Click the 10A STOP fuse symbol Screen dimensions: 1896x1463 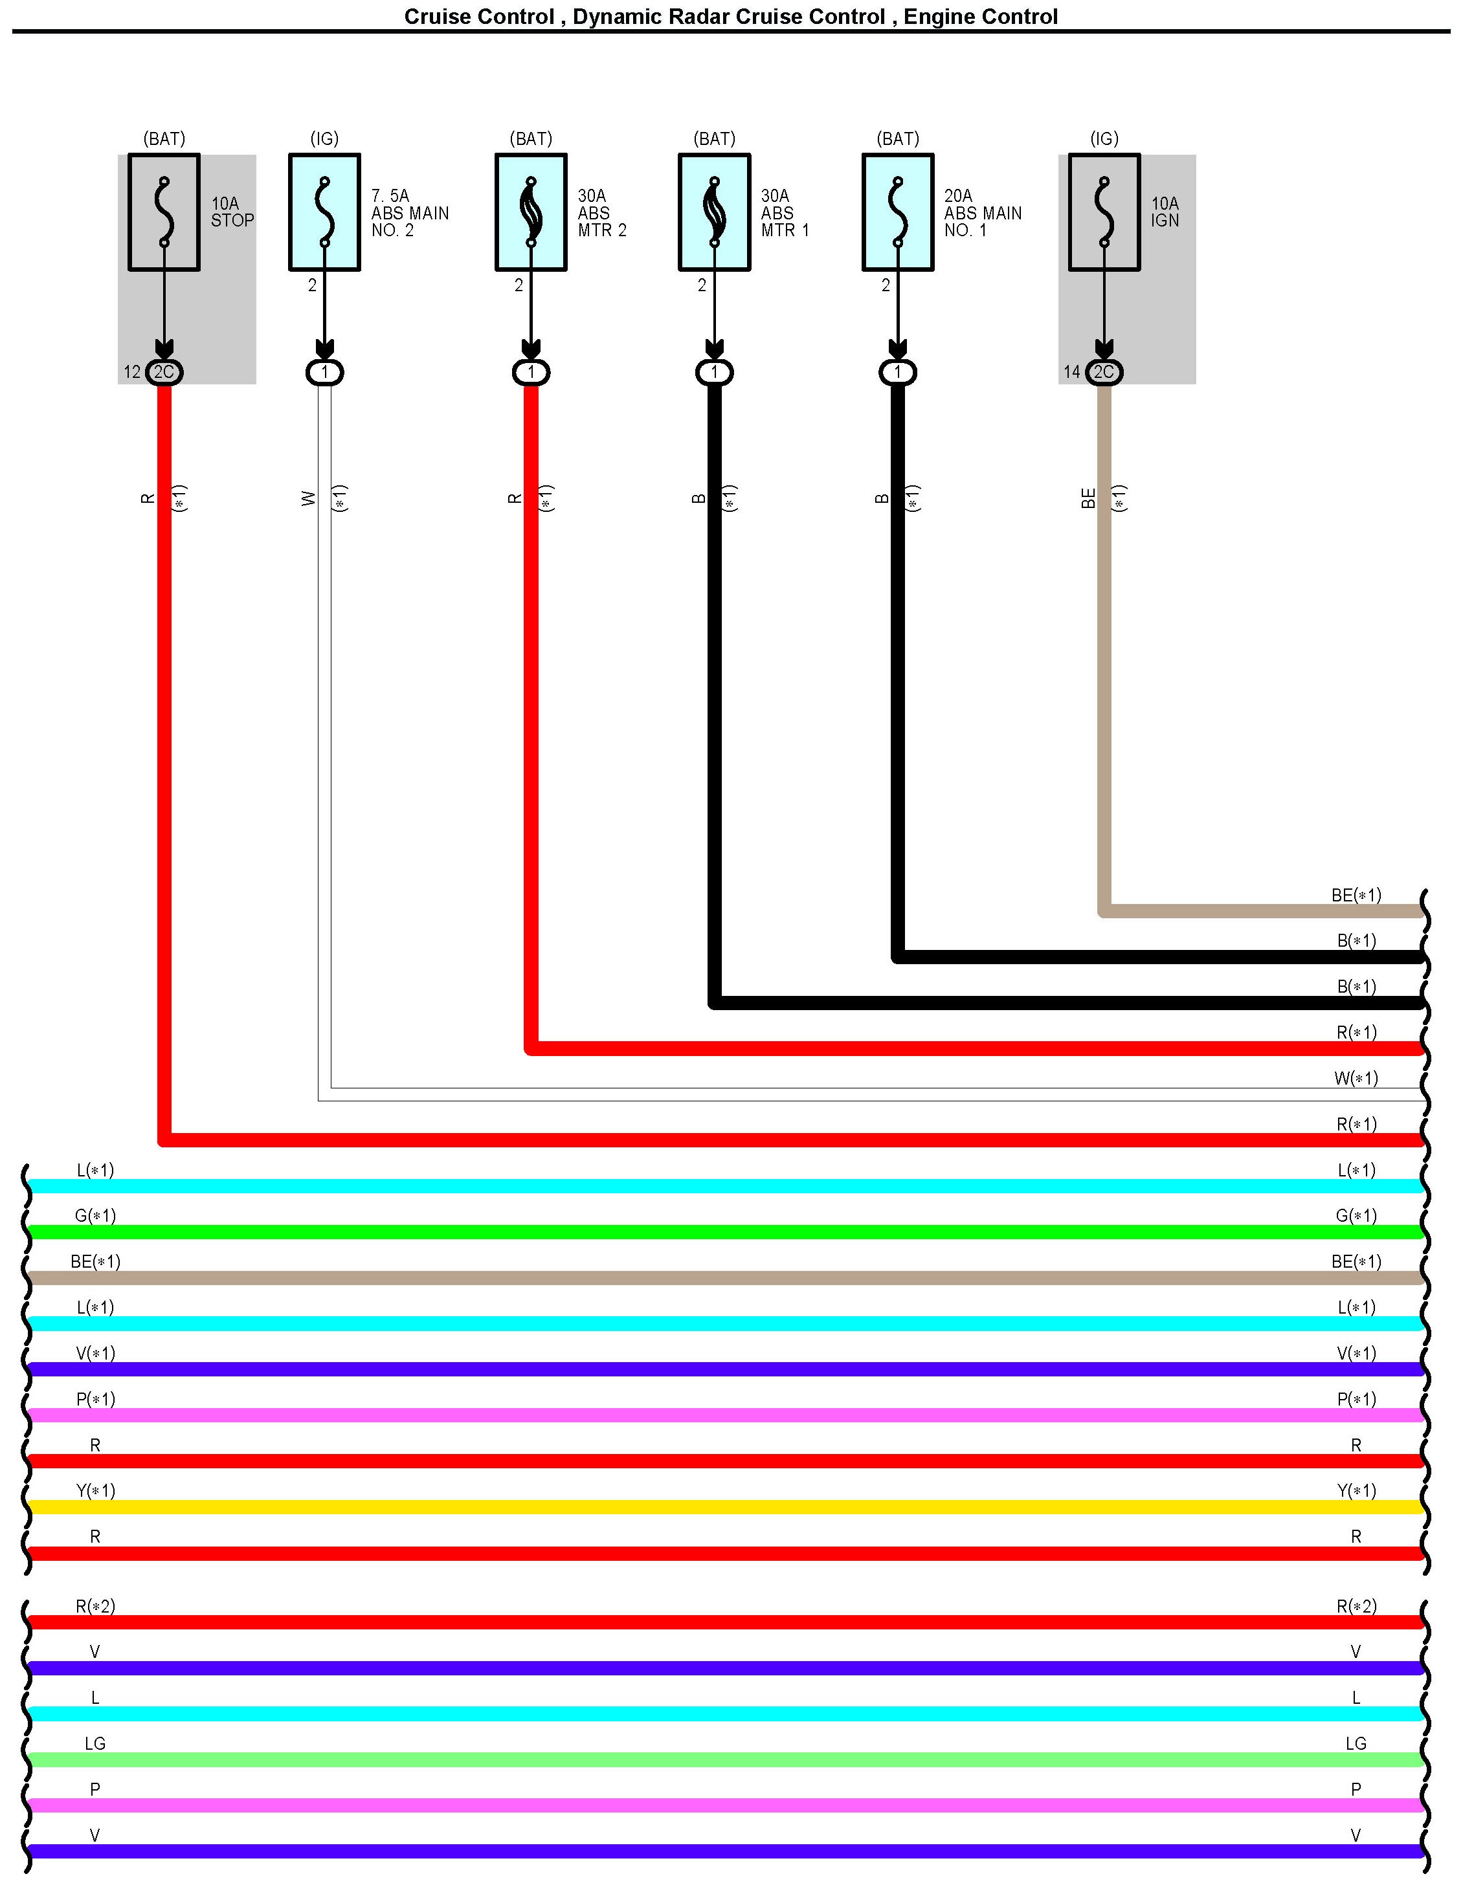164,213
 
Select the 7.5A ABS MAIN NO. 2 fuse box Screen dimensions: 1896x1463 325,213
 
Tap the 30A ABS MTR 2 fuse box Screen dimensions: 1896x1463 531,213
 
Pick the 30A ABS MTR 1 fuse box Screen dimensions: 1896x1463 715,213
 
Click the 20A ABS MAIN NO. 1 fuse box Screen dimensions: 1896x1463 898,213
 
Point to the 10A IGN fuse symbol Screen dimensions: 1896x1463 1104,213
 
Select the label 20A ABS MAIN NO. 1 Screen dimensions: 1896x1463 983,214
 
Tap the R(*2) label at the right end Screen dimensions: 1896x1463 1356,1606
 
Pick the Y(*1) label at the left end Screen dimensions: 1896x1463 96,1490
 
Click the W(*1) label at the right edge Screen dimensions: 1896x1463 1356,1078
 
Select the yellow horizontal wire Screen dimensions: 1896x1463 726,1507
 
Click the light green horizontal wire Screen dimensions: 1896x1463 726,1759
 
